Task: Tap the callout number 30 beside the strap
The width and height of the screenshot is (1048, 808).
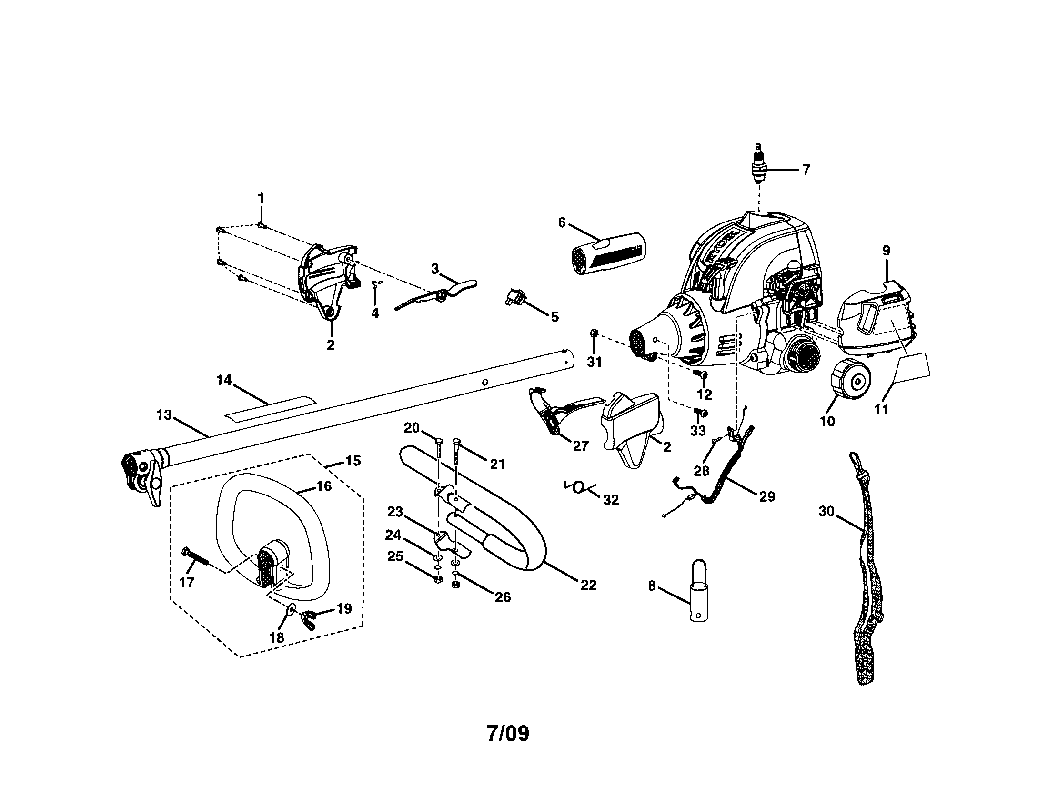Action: [x=826, y=512]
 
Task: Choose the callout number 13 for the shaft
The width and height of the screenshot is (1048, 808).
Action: [x=163, y=414]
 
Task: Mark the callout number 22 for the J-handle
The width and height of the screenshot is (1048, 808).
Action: [x=588, y=585]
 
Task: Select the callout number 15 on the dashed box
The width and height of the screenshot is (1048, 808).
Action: [x=353, y=461]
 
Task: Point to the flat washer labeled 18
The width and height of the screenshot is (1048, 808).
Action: [x=291, y=609]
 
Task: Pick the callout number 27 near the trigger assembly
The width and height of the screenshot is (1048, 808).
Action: [x=580, y=446]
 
